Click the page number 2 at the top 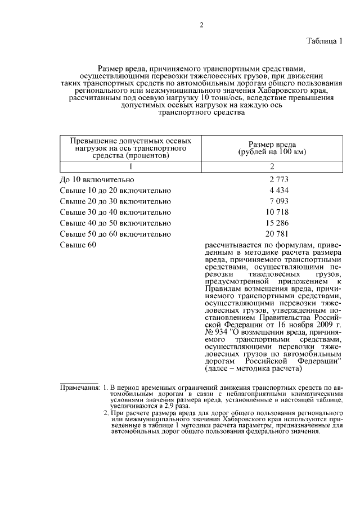coord(201,25)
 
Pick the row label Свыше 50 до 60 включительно coord(115,233)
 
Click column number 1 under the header coord(130,166)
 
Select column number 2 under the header coord(272,166)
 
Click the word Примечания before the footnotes coord(79,388)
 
